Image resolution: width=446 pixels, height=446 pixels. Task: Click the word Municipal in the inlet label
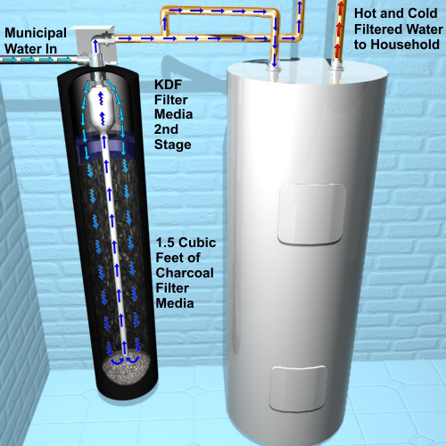click(x=36, y=34)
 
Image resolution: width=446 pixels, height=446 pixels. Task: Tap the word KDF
click(x=168, y=85)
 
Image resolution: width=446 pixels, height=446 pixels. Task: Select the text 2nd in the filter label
click(x=166, y=129)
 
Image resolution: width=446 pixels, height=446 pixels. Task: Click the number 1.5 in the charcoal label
click(x=165, y=243)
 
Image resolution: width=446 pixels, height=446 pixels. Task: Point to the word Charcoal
click(x=185, y=273)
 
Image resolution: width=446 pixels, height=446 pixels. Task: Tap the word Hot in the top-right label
click(x=365, y=13)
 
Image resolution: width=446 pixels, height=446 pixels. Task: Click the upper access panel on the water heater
click(x=312, y=213)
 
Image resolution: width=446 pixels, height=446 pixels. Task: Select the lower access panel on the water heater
click(x=298, y=389)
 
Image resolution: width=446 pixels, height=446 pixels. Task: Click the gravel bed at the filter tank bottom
click(x=126, y=368)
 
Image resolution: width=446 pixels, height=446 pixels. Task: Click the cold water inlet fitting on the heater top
click(x=274, y=73)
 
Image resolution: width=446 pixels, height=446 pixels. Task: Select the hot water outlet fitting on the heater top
click(x=336, y=74)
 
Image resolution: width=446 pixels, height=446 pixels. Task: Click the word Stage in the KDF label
click(x=173, y=145)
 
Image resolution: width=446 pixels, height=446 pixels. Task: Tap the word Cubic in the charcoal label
click(x=197, y=243)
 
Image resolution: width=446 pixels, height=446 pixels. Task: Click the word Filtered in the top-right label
click(x=378, y=29)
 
